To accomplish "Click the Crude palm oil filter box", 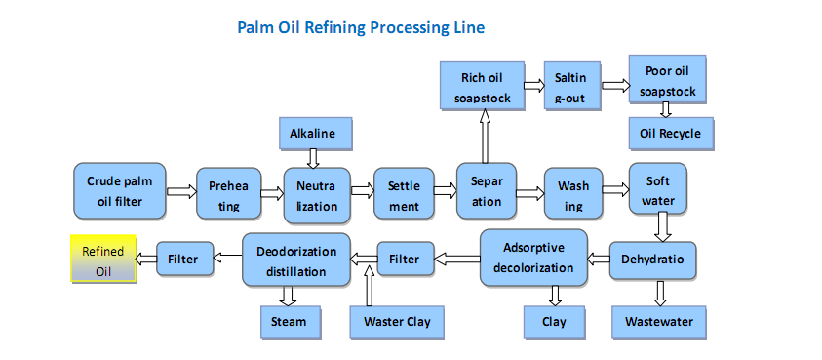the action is pos(120,190).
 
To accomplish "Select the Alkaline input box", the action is pos(312,134).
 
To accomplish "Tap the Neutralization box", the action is pos(317,195).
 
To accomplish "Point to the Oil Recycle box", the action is pos(670,134).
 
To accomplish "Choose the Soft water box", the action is pos(657,188).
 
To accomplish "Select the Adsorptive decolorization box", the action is pos(533,258).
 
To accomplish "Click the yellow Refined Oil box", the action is pos(103,259).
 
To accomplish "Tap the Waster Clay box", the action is pos(397,322).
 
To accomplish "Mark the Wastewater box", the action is pos(658,322).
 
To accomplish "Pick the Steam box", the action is pos(288,322).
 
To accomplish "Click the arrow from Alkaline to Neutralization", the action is pos(313,158).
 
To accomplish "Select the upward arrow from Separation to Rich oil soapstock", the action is pos(485,136).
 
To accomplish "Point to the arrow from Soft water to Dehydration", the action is pos(663,226).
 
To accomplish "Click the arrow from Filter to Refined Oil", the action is pos(146,259).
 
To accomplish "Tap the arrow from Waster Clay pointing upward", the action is pos(369,285).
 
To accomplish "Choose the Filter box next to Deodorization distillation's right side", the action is pos(406,259).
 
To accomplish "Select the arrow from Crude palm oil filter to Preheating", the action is pos(181,191).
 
